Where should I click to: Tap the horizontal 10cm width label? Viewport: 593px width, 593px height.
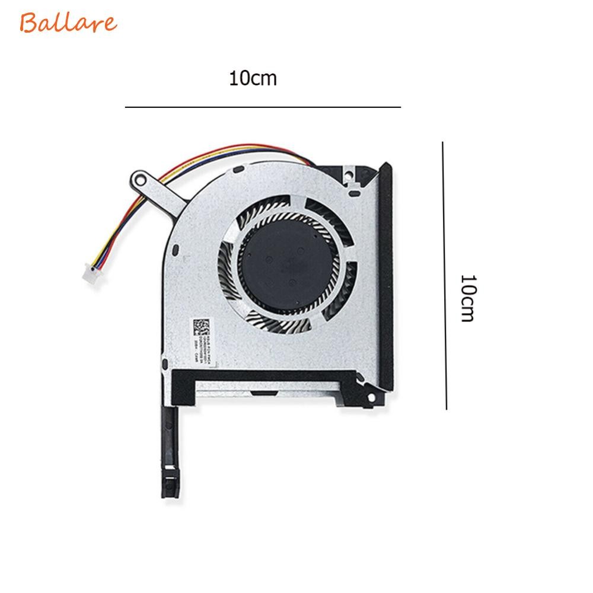click(x=253, y=78)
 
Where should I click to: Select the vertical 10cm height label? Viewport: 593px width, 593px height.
click(x=468, y=298)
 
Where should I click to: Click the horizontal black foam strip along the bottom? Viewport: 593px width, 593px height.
click(x=261, y=377)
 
